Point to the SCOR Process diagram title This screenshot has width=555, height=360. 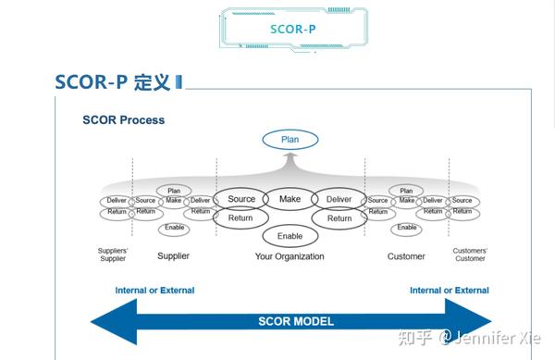coord(123,119)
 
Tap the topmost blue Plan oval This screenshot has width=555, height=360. coord(290,141)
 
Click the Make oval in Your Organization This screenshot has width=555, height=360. coord(290,199)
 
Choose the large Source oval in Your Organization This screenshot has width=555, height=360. coord(241,199)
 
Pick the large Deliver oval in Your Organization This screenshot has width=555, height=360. coord(339,199)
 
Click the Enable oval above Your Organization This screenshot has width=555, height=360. coord(290,236)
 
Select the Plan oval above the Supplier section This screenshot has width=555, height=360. coord(174,191)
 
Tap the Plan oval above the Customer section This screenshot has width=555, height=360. coord(407,191)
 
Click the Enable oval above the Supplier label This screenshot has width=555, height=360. coord(174,229)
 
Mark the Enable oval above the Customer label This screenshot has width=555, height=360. coord(407,229)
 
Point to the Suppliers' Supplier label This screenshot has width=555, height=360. coord(112,254)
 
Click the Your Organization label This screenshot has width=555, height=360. coord(290,256)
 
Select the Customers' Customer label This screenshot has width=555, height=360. coord(469,254)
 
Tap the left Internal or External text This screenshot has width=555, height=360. coord(154,291)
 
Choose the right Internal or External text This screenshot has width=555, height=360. coord(450,291)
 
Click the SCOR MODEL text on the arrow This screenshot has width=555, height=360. coord(296,322)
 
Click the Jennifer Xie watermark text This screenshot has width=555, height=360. coord(504,338)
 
